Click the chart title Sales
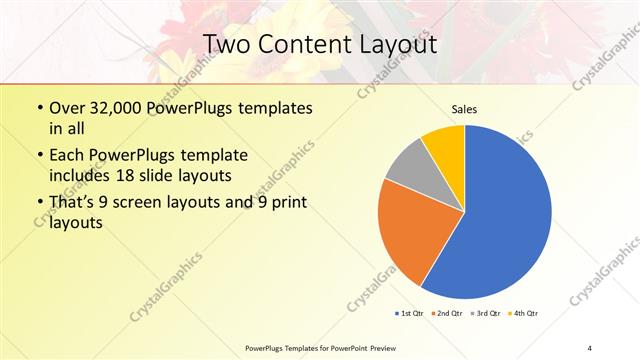tap(464, 108)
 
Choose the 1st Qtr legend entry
tap(409, 314)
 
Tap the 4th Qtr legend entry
tap(525, 314)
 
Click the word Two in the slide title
tap(227, 44)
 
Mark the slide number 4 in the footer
tap(590, 348)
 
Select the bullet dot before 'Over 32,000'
tap(39, 108)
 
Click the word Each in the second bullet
tap(68, 156)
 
